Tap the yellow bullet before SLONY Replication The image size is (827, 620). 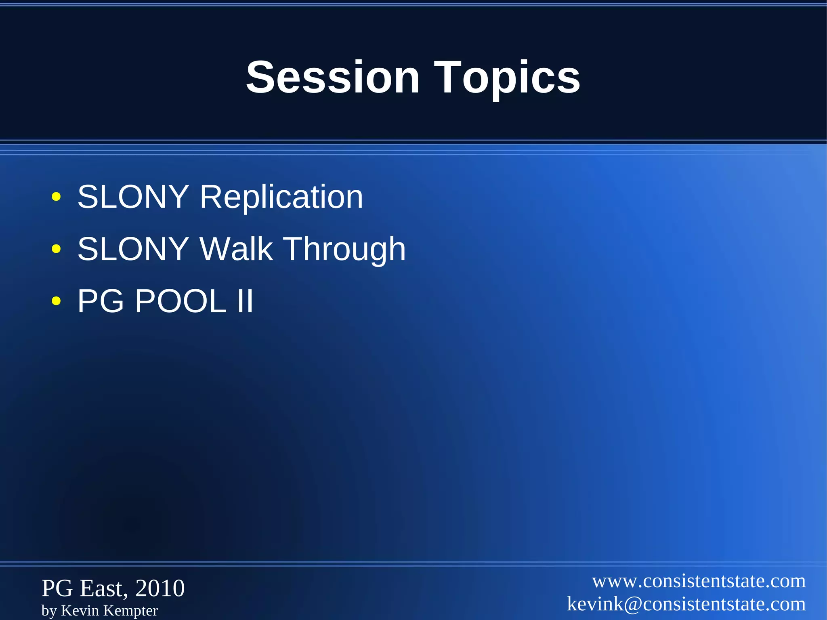click(56, 197)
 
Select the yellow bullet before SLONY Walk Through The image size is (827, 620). click(56, 249)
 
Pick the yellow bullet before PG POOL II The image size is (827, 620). click(56, 301)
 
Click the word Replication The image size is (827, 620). click(281, 197)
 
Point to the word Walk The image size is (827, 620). click(236, 249)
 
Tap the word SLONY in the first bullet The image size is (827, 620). click(133, 197)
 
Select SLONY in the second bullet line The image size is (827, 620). click(133, 249)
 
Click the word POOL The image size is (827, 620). click(181, 301)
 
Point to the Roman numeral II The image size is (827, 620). click(245, 301)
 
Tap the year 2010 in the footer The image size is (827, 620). click(160, 588)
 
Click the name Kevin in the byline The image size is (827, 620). click(80, 610)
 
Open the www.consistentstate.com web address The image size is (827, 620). click(699, 581)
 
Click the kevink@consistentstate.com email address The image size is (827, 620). click(686, 604)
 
